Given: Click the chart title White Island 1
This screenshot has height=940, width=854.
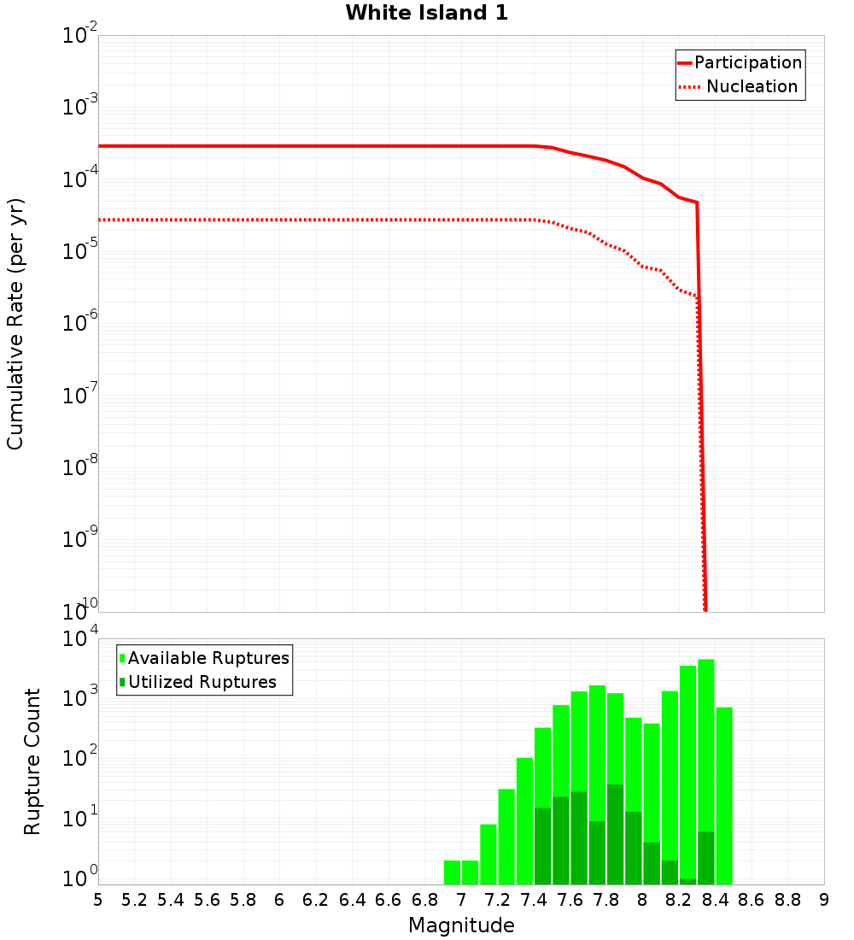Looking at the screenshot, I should click(x=426, y=14).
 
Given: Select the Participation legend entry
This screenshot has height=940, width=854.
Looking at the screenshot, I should click(x=747, y=62).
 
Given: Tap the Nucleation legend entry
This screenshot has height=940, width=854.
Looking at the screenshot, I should click(x=752, y=86).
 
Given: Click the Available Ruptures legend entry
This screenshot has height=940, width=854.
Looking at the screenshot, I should click(x=208, y=658).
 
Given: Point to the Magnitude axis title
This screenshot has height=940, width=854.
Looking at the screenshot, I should click(x=461, y=925).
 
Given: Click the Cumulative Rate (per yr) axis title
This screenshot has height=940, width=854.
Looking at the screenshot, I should click(x=15, y=323).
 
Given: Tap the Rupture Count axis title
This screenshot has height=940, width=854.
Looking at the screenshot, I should click(x=32, y=761).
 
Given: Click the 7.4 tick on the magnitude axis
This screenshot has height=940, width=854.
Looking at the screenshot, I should click(x=534, y=900).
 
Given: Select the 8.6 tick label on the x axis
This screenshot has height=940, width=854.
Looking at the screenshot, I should click(x=752, y=900).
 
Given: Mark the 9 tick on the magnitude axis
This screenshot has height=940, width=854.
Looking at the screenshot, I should click(x=824, y=900).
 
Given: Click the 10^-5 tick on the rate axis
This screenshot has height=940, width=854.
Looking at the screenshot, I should click(x=80, y=252).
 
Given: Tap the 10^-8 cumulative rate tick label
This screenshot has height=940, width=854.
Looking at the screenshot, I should click(x=80, y=468).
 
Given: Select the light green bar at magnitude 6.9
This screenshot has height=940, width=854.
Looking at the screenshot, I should click(x=452, y=872).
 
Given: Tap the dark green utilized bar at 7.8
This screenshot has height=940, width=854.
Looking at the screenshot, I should click(x=615, y=834).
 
